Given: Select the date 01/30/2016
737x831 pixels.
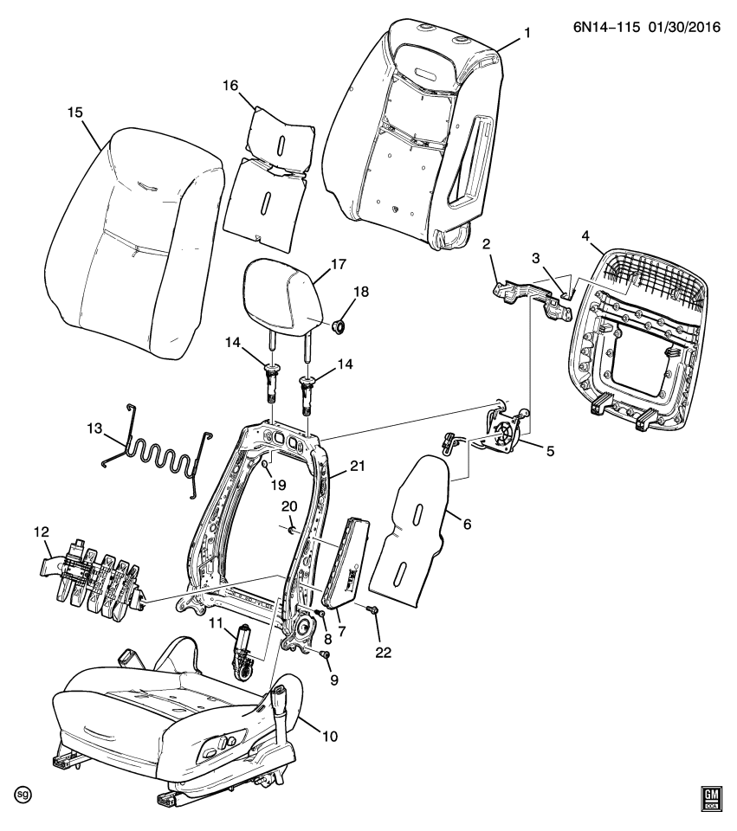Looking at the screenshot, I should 679,29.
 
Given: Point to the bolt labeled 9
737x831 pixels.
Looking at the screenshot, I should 326,656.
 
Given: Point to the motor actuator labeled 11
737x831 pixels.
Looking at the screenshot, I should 242,649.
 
